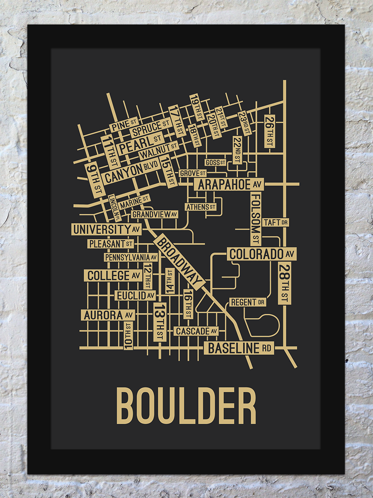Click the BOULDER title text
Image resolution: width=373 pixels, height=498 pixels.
(186, 405)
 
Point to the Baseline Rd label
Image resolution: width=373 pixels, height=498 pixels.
(239, 348)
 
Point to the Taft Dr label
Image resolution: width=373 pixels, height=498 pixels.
(275, 222)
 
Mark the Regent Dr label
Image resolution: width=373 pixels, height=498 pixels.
(247, 302)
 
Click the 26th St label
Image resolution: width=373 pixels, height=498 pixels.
(269, 131)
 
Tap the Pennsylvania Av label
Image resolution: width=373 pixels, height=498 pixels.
(131, 257)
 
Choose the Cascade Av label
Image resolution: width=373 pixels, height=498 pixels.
(196, 331)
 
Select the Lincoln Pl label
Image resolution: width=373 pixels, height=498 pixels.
(114, 207)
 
